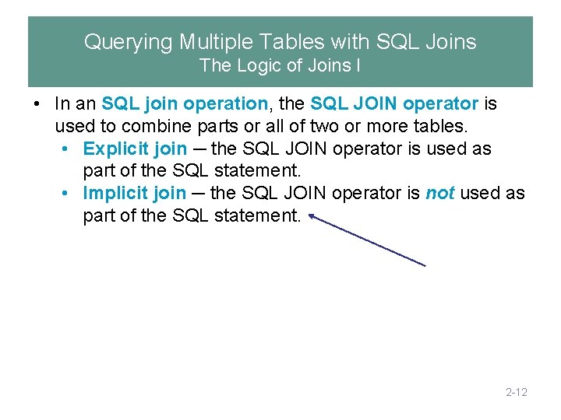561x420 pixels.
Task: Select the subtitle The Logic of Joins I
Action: click(280, 66)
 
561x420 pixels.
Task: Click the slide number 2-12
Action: click(517, 392)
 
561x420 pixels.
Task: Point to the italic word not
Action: click(440, 193)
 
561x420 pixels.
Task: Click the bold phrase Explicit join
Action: click(135, 149)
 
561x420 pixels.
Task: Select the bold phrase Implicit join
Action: click(135, 193)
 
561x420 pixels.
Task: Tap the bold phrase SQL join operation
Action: click(185, 103)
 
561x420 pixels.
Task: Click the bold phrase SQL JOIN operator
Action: click(394, 103)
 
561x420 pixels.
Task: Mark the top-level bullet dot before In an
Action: click(37, 103)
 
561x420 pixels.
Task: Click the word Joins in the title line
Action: click(450, 41)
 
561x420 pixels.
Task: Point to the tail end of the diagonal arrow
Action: click(425, 266)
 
